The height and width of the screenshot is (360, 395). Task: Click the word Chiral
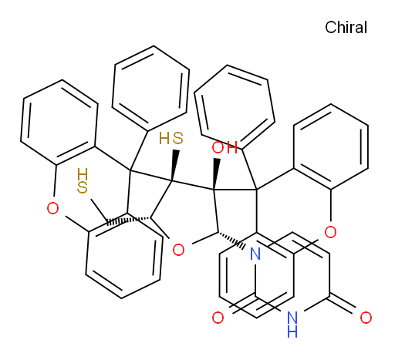(346, 27)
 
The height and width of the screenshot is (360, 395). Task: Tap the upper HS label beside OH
(171, 138)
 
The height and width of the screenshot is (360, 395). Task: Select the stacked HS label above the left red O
(83, 180)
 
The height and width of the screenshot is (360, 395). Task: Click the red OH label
(225, 148)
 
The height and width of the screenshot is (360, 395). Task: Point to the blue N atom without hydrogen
(255, 254)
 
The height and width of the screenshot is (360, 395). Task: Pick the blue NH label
(292, 324)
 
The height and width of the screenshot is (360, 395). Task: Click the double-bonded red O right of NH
(366, 318)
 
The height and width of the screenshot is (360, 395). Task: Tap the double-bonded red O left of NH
(218, 318)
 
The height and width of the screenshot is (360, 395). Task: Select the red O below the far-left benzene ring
(52, 208)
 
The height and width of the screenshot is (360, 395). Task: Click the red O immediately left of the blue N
(178, 250)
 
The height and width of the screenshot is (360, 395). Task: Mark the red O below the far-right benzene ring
(330, 232)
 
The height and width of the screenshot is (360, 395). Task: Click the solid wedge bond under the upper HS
(174, 165)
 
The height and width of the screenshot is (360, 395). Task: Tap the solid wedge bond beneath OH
(215, 174)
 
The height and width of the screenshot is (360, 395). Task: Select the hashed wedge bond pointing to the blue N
(231, 240)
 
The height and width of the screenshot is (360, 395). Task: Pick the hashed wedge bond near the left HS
(128, 221)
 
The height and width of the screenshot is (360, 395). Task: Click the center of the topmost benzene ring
(150, 88)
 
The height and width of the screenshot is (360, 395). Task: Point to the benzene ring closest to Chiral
(331, 146)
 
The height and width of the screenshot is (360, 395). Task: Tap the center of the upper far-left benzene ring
(59, 123)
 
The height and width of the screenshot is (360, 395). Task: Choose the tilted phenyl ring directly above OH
(235, 107)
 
